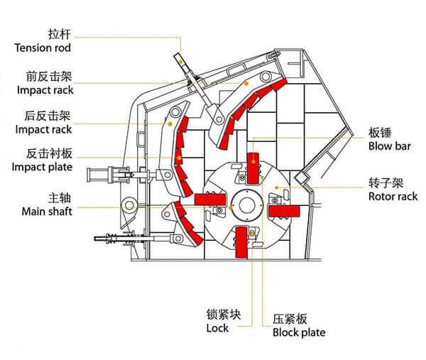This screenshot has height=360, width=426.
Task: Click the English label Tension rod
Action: pyautogui.click(x=42, y=48)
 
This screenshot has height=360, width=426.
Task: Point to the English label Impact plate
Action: pyautogui.click(x=42, y=168)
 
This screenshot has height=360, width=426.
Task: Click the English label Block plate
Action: pyautogui.click(x=298, y=332)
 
